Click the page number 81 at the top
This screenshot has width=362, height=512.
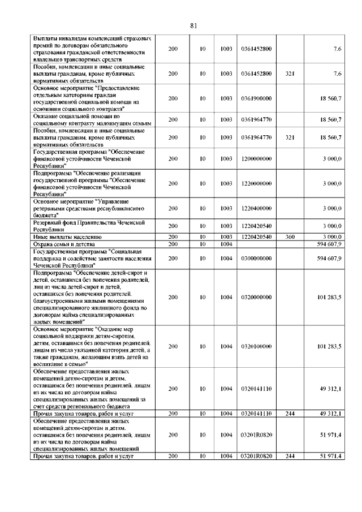(x=193, y=25)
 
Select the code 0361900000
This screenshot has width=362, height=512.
(x=256, y=98)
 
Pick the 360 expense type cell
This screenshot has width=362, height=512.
(x=290, y=236)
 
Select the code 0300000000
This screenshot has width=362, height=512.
(x=256, y=258)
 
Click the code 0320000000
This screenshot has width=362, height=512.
(x=256, y=296)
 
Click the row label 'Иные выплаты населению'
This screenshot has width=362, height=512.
(x=67, y=236)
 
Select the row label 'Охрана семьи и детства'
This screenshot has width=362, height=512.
(x=67, y=243)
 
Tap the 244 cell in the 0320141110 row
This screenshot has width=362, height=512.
(x=290, y=414)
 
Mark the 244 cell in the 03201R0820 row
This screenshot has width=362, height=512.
(x=290, y=455)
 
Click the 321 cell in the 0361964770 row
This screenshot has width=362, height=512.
(x=290, y=137)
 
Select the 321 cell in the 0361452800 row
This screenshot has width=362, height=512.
(x=290, y=74)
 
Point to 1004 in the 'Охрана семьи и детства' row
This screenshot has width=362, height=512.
(x=226, y=243)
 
